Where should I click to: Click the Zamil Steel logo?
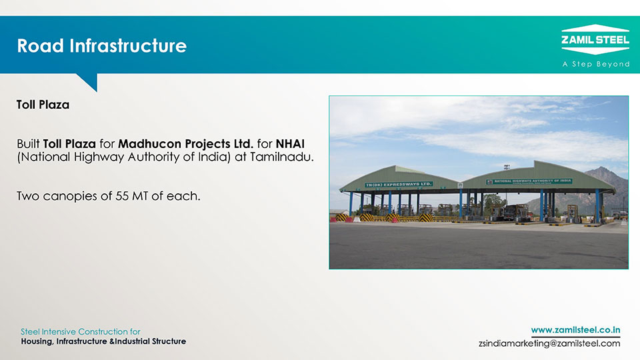click(595, 39)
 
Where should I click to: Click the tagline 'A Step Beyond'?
click(596, 64)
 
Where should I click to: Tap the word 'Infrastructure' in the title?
click(128, 46)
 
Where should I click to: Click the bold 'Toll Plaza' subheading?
click(43, 105)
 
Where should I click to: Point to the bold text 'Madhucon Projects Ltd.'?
click(186, 144)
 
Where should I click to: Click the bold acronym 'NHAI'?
click(290, 144)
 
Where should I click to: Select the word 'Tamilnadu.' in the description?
click(282, 157)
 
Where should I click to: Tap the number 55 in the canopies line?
click(122, 196)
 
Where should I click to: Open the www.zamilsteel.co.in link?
click(575, 330)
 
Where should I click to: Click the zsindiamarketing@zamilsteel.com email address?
click(549, 344)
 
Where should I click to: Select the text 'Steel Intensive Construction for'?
click(81, 331)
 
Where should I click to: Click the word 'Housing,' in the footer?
click(37, 341)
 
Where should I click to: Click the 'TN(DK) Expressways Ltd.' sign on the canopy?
click(399, 185)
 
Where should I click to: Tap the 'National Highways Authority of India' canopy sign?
click(529, 181)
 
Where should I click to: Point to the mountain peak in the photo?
click(604, 168)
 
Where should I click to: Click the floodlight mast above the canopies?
click(507, 167)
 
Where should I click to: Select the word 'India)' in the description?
click(215, 157)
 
